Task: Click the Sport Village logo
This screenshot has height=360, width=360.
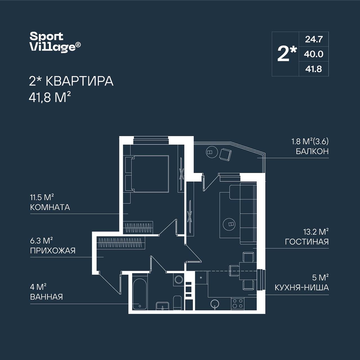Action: pyautogui.click(x=55, y=42)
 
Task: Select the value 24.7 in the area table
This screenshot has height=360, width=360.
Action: pyautogui.click(x=314, y=39)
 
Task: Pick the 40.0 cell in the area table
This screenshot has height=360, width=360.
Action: pyautogui.click(x=314, y=54)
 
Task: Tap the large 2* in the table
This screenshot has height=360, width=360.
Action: pyautogui.click(x=287, y=54)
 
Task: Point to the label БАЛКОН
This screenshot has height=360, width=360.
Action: pyautogui.click(x=312, y=152)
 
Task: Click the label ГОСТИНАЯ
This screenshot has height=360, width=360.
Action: pyautogui.click(x=307, y=242)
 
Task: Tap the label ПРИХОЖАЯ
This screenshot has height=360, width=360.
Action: pyautogui.click(x=53, y=251)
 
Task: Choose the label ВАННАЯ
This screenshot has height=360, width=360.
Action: pyautogui.click(x=46, y=297)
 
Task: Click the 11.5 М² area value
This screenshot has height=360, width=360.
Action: pyautogui.click(x=42, y=197)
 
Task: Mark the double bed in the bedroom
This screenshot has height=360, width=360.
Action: pyautogui.click(x=147, y=174)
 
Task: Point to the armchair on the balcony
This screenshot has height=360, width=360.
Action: pyautogui.click(x=225, y=154)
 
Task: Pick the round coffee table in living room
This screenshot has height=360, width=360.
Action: pyautogui.click(x=229, y=224)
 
